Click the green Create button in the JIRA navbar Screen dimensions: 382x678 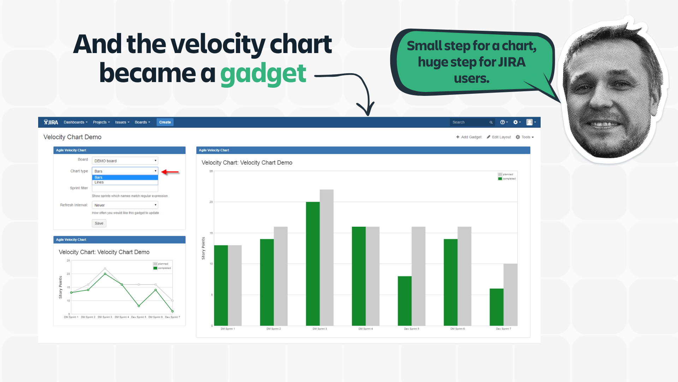pyautogui.click(x=165, y=122)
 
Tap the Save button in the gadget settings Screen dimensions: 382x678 pyautogui.click(x=99, y=223)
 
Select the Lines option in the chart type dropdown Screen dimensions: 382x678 pyautogui.click(x=99, y=183)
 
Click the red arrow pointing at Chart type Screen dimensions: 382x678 pyautogui.click(x=170, y=172)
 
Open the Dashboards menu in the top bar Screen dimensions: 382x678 pyautogui.click(x=75, y=122)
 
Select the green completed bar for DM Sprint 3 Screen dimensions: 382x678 pyautogui.click(x=313, y=264)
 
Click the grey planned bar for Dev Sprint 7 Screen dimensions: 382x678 pyautogui.click(x=510, y=294)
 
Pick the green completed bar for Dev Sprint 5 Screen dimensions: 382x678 pyautogui.click(x=404, y=301)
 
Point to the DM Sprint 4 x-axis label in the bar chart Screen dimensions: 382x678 pyautogui.click(x=365, y=329)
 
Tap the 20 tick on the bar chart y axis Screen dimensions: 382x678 pyautogui.click(x=211, y=202)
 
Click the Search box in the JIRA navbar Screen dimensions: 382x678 pyautogui.click(x=470, y=122)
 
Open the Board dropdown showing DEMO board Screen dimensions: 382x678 pyautogui.click(x=125, y=161)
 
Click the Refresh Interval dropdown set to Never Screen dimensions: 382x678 pyautogui.click(x=125, y=205)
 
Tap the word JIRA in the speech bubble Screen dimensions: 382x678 pyautogui.click(x=512, y=62)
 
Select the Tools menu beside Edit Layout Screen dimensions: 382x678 pyautogui.click(x=525, y=137)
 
